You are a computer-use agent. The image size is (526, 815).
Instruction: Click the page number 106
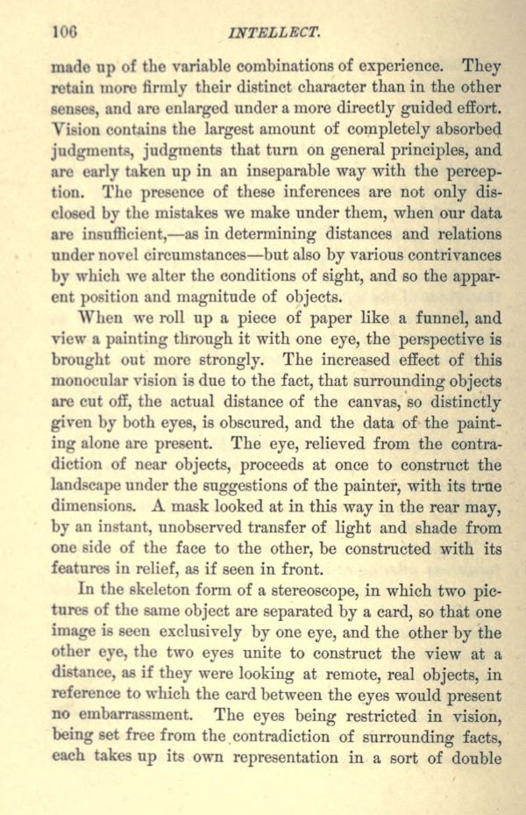tap(65, 33)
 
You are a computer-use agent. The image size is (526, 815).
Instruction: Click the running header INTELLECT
tap(274, 34)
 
